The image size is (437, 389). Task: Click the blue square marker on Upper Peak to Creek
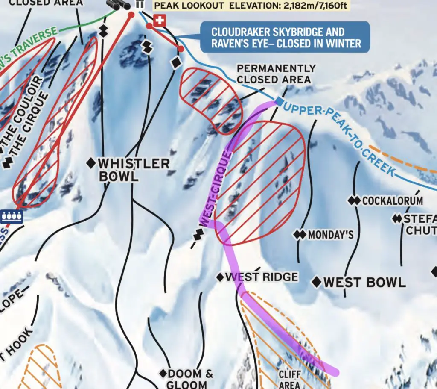tap(279, 101)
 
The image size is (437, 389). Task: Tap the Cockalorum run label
tap(392, 201)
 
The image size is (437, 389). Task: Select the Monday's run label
tap(330, 235)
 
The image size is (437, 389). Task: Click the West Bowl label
tap(364, 282)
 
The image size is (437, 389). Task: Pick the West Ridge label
tap(261, 277)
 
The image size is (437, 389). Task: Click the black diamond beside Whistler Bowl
tap(90, 163)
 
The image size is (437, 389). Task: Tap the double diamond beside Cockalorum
tap(354, 200)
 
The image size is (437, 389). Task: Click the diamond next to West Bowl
tap(317, 282)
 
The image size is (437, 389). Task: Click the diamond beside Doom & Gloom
tap(163, 373)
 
